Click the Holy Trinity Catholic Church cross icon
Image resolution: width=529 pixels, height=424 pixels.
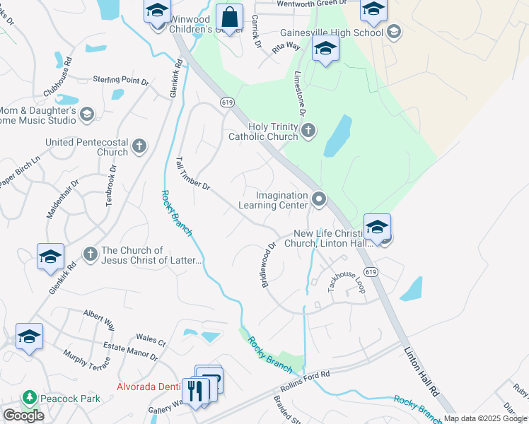308,130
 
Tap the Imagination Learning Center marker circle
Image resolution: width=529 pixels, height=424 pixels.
319,200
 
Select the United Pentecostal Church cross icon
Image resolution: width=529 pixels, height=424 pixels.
139,146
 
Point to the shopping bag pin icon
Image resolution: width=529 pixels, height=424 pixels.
231,16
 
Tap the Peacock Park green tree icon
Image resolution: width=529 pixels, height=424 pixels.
29,399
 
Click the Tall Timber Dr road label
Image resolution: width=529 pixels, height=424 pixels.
193,174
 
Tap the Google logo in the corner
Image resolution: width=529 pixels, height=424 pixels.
23,416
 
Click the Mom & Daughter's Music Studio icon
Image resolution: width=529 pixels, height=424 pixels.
87,114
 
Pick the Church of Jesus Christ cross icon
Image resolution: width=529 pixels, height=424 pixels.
90,254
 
